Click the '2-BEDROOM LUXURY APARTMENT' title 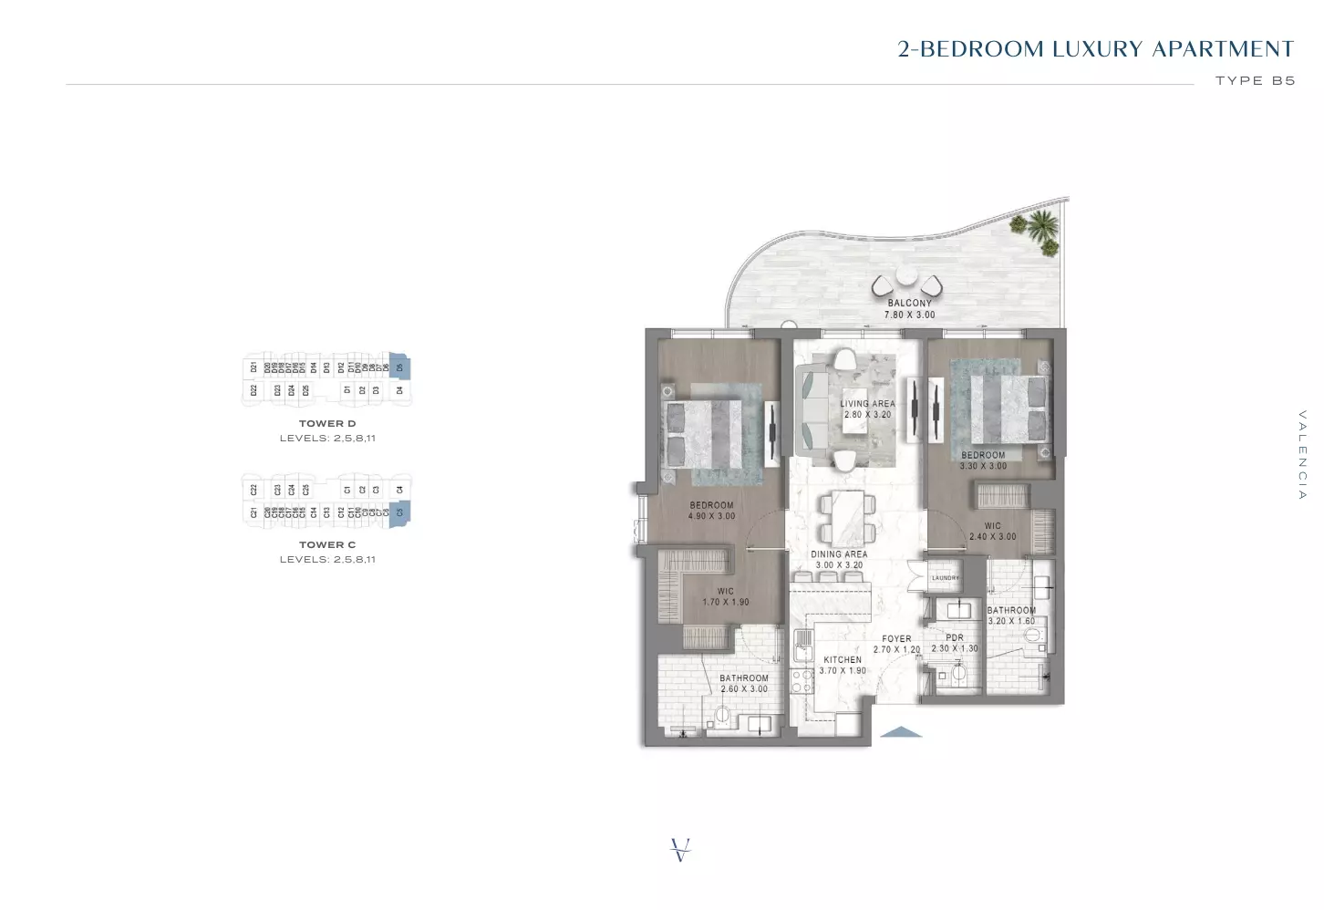pos(1095,49)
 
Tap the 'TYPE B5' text pos(1255,81)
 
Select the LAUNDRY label pos(946,578)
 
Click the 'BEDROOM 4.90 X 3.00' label pos(711,511)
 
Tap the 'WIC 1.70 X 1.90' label pos(725,596)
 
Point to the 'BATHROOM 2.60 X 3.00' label pos(743,684)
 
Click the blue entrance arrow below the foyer pos(902,731)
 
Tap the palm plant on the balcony pos(1041,227)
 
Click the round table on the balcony pos(905,277)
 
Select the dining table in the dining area pos(846,517)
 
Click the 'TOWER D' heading pos(327,424)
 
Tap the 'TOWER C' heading pos(327,545)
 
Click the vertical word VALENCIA pos(1302,455)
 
